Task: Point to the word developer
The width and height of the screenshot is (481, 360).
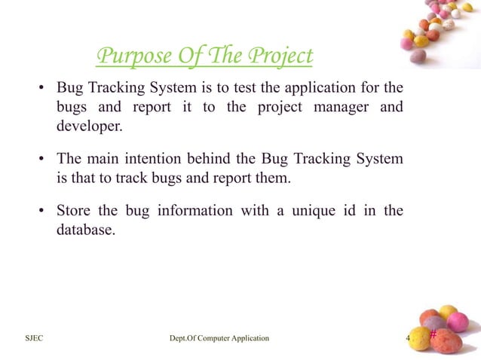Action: pos(88,126)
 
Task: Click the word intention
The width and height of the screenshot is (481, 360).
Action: pos(151,160)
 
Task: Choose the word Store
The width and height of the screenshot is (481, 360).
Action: pos(74,210)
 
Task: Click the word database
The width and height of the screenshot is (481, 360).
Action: pos(85,229)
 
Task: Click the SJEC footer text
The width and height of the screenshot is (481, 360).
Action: pos(33,338)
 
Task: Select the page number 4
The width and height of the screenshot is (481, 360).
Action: pos(408,338)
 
